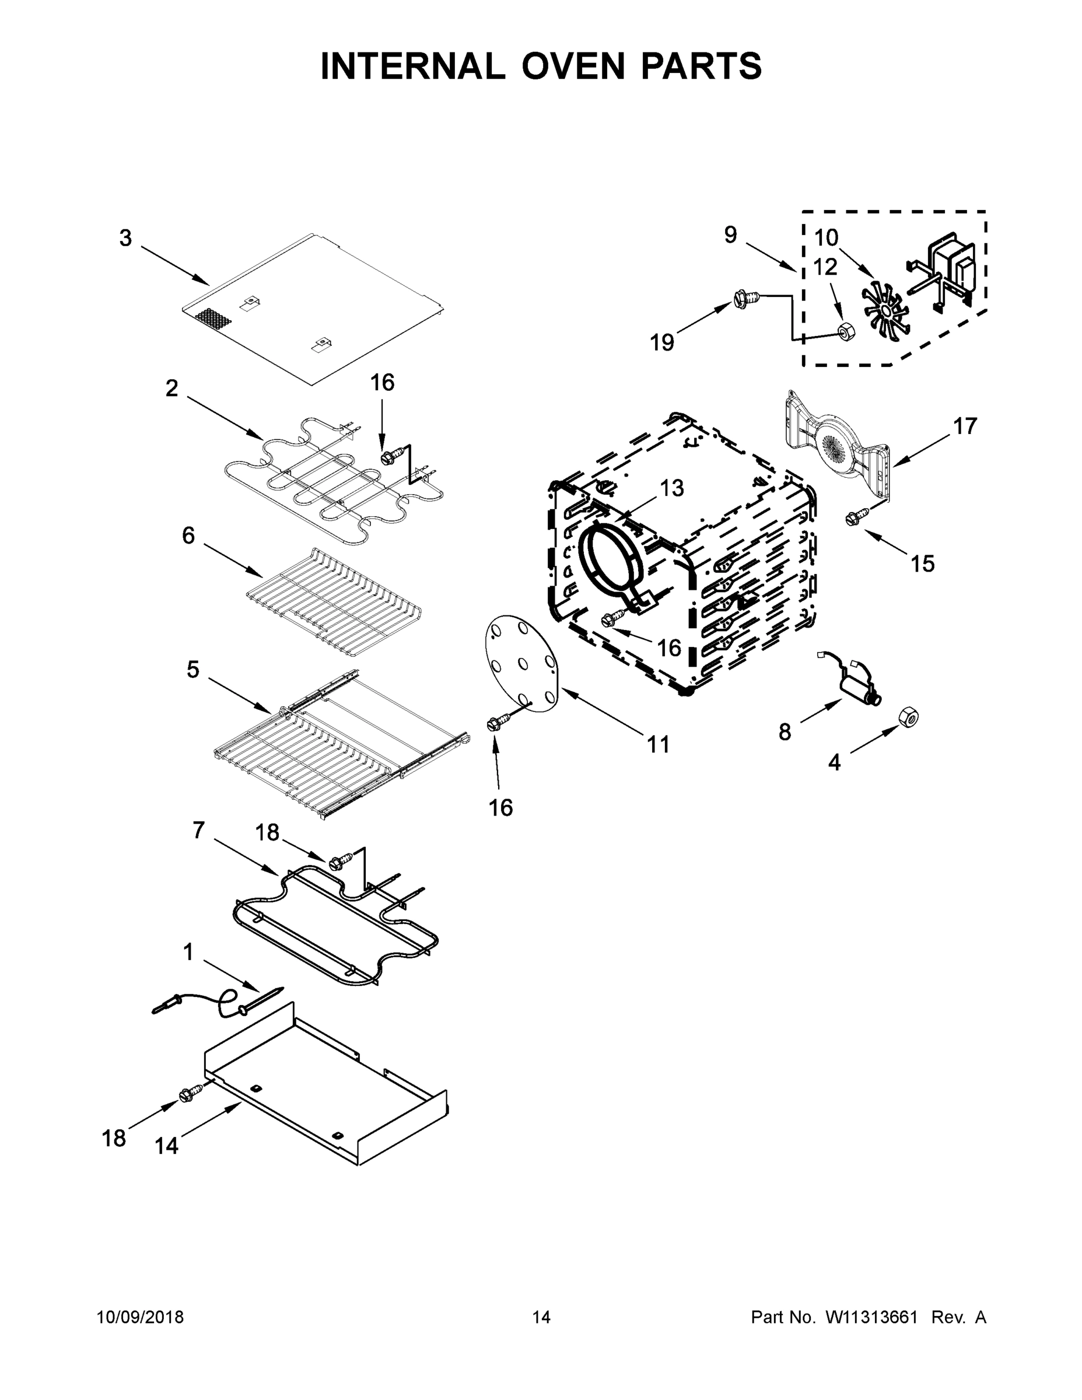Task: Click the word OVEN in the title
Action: tap(572, 66)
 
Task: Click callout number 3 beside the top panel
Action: tap(125, 239)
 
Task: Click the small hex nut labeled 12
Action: tap(843, 331)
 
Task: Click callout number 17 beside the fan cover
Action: tap(964, 426)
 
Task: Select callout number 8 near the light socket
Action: tap(785, 732)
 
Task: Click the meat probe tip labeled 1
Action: tap(272, 993)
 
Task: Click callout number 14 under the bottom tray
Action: tap(166, 1145)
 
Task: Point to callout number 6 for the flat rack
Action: tap(188, 535)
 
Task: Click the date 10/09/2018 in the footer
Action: tap(141, 1317)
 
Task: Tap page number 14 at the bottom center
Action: tap(541, 1317)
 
